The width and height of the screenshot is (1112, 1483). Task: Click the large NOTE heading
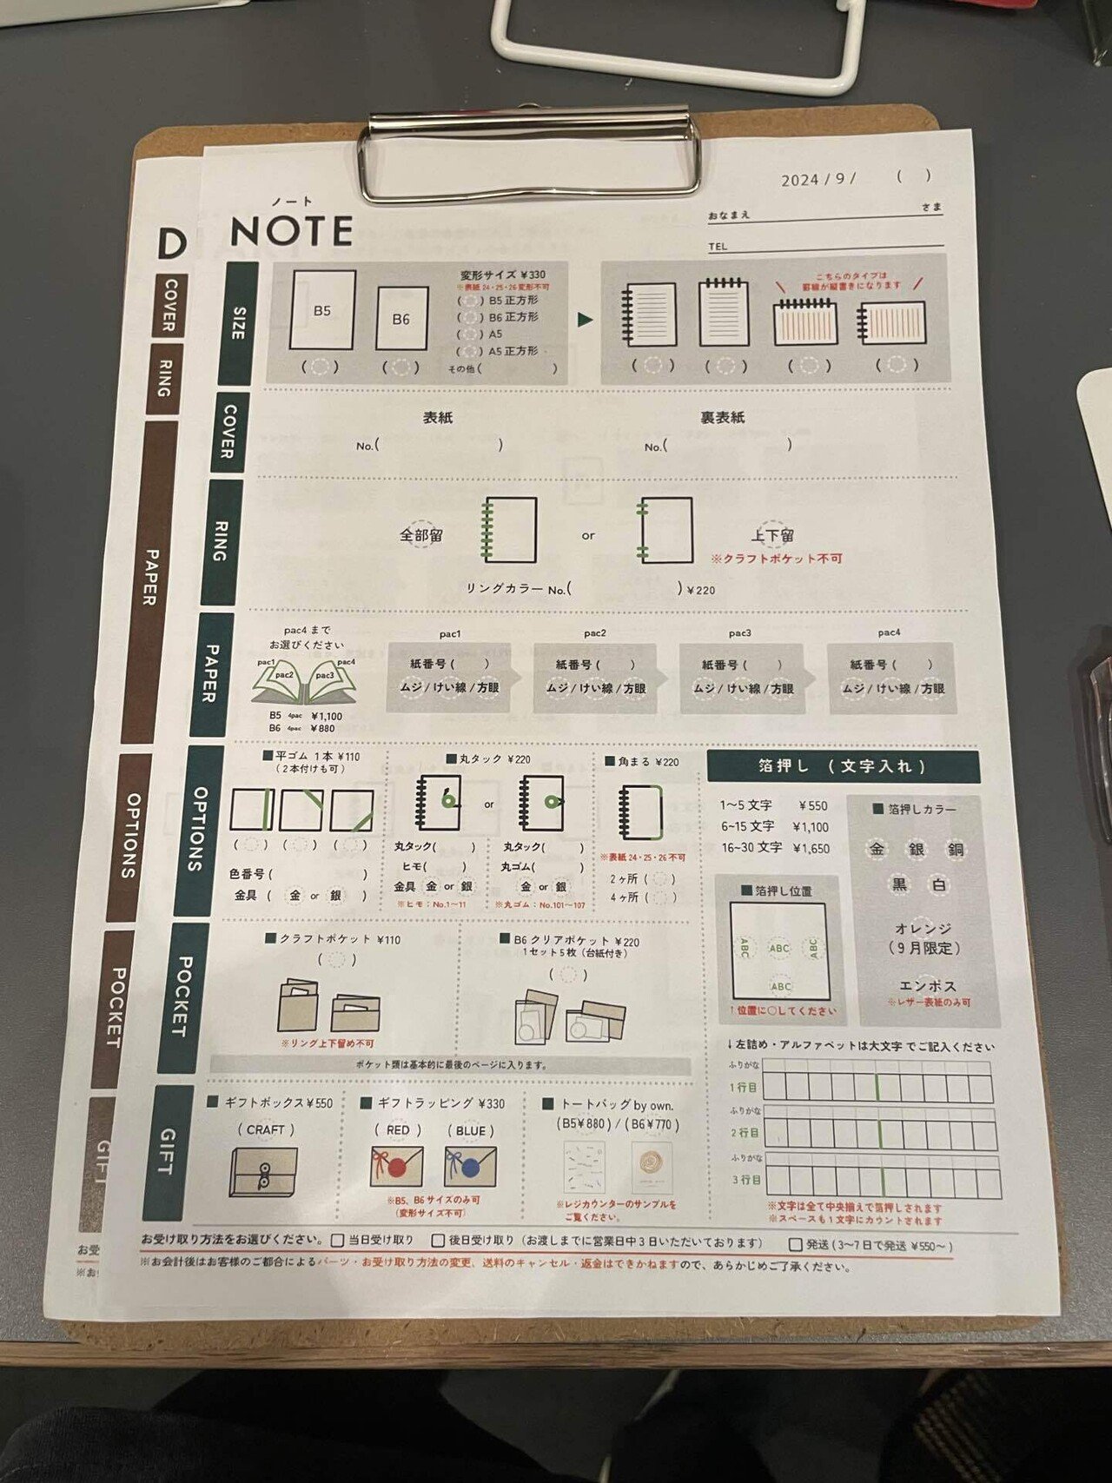(291, 231)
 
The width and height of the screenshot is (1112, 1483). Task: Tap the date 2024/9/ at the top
(817, 180)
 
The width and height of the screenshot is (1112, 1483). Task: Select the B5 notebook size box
(322, 310)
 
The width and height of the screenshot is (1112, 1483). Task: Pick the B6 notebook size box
(401, 319)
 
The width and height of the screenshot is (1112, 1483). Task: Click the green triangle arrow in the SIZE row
(585, 320)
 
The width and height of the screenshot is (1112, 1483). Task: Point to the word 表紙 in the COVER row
(438, 418)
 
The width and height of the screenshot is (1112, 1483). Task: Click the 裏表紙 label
(722, 418)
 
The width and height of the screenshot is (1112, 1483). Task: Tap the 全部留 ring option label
(421, 535)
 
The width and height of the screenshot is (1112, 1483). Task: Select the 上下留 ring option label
(772, 535)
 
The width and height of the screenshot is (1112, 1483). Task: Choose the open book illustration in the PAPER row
(303, 682)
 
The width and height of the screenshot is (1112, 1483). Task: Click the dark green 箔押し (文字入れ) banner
(842, 766)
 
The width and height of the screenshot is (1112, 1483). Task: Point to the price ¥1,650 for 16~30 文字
(809, 848)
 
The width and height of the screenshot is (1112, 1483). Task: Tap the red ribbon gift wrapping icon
(396, 1167)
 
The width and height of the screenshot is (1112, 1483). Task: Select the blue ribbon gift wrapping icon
(470, 1167)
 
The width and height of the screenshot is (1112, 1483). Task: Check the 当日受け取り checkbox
(338, 1241)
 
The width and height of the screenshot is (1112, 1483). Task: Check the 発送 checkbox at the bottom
(795, 1245)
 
